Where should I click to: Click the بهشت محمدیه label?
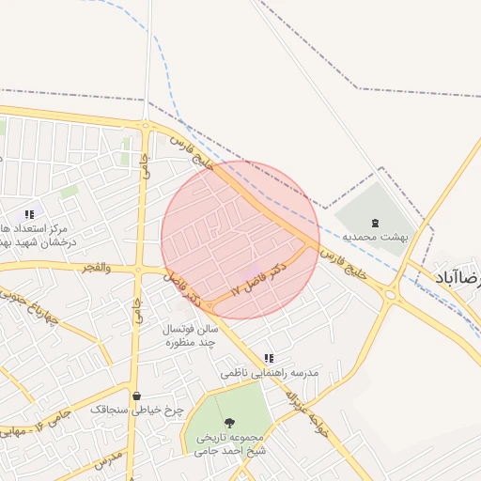pos(375,237)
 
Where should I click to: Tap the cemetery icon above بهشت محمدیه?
pos(376,223)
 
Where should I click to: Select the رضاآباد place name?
pos(458,276)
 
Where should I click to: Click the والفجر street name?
pos(96,268)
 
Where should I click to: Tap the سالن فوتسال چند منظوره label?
pos(191,335)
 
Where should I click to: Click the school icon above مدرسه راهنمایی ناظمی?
pos(270,358)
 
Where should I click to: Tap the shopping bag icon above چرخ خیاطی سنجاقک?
pos(138,396)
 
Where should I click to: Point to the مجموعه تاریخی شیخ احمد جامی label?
pos(231,443)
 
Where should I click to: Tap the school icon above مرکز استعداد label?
pos(29,214)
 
